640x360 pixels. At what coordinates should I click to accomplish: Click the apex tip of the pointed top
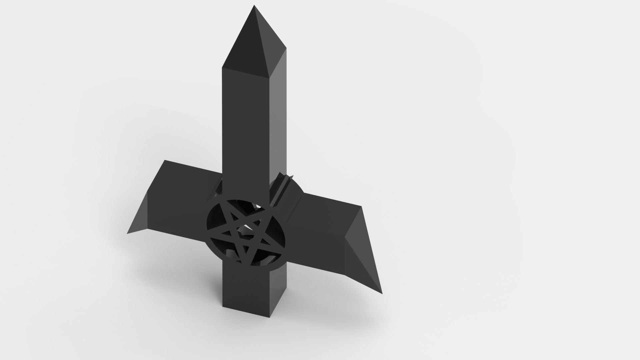click(254, 6)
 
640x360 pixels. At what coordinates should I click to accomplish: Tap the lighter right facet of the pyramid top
click(272, 43)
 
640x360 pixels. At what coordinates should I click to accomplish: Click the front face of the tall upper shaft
click(245, 133)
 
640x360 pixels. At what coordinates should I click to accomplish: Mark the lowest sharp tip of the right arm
click(382, 294)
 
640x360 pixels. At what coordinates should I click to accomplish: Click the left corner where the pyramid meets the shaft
click(222, 68)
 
